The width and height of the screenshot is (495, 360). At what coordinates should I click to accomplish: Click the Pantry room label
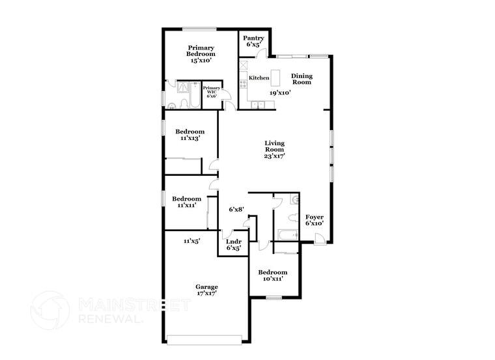click(253, 38)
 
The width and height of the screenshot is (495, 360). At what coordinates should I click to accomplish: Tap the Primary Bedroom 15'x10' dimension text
click(201, 61)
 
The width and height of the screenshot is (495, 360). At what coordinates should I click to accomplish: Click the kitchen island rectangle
click(276, 77)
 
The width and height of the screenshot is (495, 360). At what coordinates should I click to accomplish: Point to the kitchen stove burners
click(243, 83)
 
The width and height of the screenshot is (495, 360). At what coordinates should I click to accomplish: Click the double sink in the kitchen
click(258, 105)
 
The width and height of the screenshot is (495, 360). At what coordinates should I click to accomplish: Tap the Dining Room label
click(302, 79)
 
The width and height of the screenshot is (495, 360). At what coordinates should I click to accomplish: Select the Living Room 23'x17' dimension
click(275, 156)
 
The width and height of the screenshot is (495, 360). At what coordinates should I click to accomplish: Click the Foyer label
click(315, 217)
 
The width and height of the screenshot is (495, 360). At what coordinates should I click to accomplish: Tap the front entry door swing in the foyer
click(320, 238)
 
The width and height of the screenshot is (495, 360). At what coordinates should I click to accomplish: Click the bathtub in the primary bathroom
click(195, 94)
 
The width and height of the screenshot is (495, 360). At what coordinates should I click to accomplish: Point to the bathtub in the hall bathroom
click(288, 235)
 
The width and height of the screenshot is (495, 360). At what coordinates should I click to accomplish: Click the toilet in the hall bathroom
click(293, 217)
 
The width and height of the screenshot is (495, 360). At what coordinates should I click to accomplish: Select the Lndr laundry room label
click(234, 242)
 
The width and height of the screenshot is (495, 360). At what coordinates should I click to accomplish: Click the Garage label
click(206, 287)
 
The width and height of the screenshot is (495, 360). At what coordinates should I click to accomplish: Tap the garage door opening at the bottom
click(205, 340)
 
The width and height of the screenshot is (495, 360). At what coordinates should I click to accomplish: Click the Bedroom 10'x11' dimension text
click(273, 279)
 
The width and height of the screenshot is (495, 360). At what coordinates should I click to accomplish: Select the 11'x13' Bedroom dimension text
click(190, 138)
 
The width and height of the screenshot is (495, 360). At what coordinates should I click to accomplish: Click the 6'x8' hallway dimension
click(236, 209)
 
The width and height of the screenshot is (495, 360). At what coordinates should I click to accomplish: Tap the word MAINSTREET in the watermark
click(134, 305)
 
